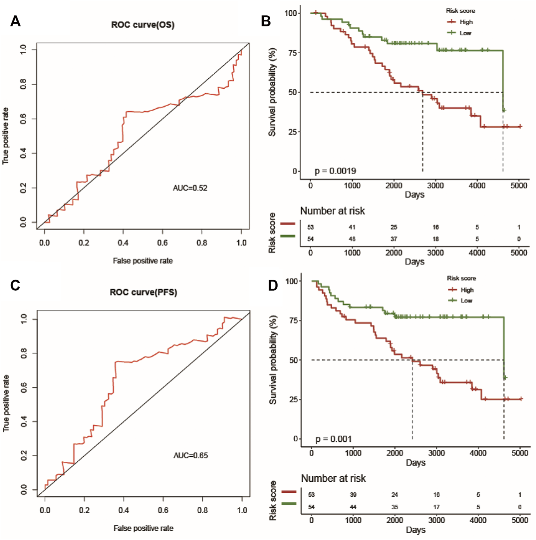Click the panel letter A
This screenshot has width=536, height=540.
(x=15, y=21)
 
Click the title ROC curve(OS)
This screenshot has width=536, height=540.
(x=143, y=25)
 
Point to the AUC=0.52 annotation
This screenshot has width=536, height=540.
(x=190, y=188)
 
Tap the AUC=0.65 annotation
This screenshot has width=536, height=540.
(x=191, y=456)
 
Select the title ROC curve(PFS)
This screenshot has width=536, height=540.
(x=143, y=293)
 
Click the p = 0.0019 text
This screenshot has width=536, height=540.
(x=335, y=171)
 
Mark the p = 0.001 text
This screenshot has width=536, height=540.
(x=333, y=439)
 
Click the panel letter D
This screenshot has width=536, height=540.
(x=273, y=285)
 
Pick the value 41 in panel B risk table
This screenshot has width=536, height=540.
(x=352, y=227)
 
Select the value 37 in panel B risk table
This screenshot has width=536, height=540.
(x=394, y=239)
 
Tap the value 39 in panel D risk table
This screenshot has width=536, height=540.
(x=353, y=495)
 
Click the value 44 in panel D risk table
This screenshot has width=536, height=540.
(x=353, y=507)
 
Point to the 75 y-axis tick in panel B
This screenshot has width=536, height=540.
(x=292, y=53)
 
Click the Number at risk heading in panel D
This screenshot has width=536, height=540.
(x=333, y=478)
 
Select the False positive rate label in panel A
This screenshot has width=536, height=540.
(x=143, y=261)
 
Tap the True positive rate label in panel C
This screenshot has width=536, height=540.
(x=6, y=403)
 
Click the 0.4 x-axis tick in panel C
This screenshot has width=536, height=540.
(x=124, y=510)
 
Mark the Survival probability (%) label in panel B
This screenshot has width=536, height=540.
(x=272, y=92)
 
